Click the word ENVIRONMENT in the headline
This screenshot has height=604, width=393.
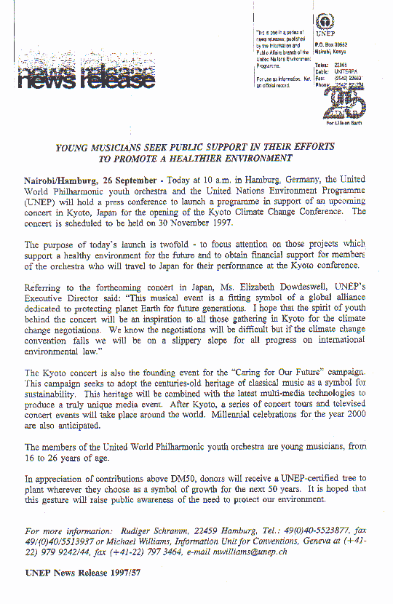[248, 158]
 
